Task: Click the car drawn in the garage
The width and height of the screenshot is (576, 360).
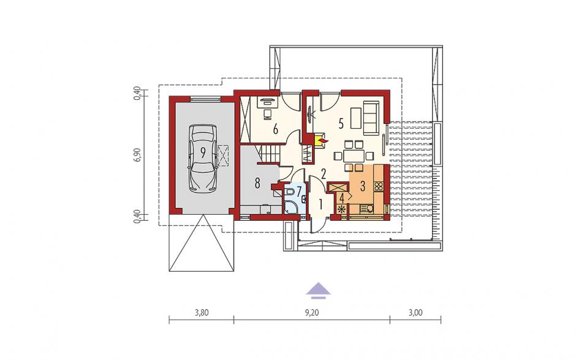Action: [x=202, y=158]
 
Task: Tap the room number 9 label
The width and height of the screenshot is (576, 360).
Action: [x=202, y=152]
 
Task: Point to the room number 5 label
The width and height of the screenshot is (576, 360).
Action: [x=341, y=124]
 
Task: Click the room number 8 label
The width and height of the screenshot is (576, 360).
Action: [x=257, y=183]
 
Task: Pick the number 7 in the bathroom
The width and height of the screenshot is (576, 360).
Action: [x=298, y=191]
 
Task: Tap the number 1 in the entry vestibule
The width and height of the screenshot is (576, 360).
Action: [x=320, y=204]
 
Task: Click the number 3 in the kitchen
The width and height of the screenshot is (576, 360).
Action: [x=362, y=186]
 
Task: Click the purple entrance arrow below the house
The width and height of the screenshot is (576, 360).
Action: [x=319, y=289]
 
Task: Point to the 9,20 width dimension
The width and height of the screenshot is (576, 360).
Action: [x=311, y=313]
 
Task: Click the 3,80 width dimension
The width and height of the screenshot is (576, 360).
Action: [x=202, y=313]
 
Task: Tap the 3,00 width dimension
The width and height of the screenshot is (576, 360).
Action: [x=415, y=313]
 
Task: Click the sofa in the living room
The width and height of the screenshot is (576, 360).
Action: [x=371, y=118]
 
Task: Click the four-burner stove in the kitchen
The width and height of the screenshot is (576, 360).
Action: [x=378, y=185]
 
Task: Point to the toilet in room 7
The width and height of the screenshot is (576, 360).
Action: [x=290, y=193]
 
